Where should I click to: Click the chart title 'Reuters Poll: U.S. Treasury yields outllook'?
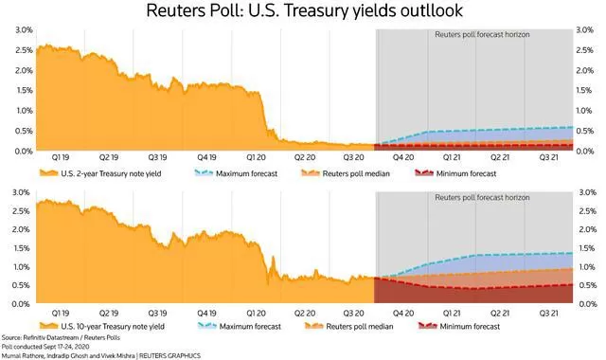click(304, 10)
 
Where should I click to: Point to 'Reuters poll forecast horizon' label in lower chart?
click(482, 197)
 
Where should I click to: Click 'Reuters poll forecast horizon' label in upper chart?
click(482, 34)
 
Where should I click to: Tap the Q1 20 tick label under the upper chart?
click(256, 157)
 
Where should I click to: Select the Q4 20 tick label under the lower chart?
click(403, 314)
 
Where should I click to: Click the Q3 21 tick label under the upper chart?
click(549, 157)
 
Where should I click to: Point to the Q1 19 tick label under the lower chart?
click(61, 314)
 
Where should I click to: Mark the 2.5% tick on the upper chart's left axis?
click(24, 50)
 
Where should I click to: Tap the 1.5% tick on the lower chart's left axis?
click(21, 248)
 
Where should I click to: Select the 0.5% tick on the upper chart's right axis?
click(584, 131)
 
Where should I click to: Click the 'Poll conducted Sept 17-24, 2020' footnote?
click(45, 347)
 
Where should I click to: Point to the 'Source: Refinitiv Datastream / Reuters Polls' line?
click(61, 337)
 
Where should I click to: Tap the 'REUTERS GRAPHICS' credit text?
click(169, 355)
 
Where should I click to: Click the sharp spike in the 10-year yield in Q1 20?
click(274, 258)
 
